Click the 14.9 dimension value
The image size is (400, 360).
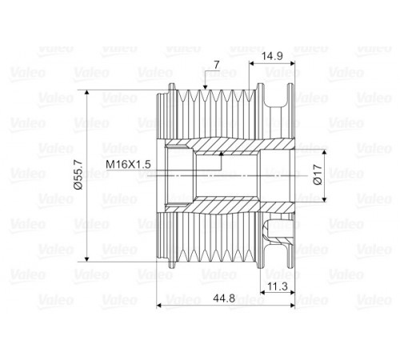click(272, 56)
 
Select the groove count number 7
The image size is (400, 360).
click(216, 65)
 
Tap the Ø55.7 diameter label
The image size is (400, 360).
click(79, 174)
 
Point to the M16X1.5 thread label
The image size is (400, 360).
click(128, 164)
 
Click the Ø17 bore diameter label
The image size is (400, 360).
click(318, 174)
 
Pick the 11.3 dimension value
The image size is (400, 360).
click(278, 286)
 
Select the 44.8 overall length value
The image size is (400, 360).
click(224, 298)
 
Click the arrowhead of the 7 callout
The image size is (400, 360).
click(205, 86)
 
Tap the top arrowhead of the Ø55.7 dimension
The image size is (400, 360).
click(86, 93)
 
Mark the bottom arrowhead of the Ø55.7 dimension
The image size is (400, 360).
click(86, 258)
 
